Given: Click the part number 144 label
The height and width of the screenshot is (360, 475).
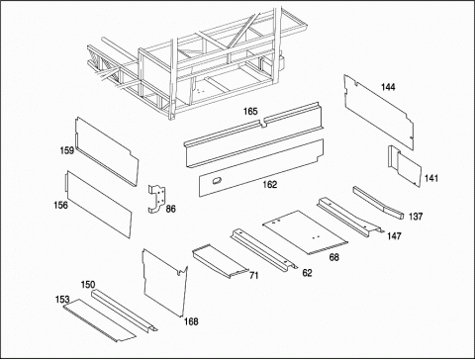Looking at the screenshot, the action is click(x=388, y=87).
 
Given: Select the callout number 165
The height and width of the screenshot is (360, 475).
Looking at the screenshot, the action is click(x=250, y=112).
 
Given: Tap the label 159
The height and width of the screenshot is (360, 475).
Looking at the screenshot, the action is click(x=67, y=150).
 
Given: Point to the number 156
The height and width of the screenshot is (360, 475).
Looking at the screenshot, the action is click(x=60, y=205).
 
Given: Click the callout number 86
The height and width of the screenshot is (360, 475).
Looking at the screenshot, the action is click(x=170, y=209).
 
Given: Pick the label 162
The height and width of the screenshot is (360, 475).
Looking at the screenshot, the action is click(x=269, y=185).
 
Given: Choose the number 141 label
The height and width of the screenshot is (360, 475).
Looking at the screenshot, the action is click(x=431, y=178).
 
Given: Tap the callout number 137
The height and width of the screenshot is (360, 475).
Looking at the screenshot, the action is click(x=416, y=217).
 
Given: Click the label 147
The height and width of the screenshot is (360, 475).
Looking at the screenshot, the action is click(x=394, y=236).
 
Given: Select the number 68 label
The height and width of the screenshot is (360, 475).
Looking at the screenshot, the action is click(x=334, y=257).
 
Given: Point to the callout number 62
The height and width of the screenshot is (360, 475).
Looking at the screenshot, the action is click(x=307, y=273).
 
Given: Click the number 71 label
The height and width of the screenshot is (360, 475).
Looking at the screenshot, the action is click(x=253, y=275).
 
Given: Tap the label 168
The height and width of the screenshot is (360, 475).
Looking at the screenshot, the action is click(x=191, y=321).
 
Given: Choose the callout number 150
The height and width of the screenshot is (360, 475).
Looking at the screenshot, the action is click(x=88, y=285).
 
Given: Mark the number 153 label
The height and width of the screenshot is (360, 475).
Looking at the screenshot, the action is click(x=62, y=300).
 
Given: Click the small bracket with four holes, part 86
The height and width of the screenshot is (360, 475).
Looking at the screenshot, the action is click(x=156, y=199).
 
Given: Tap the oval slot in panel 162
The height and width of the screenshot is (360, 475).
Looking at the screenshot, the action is click(x=217, y=180).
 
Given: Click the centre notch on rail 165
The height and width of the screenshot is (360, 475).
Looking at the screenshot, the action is click(x=263, y=124).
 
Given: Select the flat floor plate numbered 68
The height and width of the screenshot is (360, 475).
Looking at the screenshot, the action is click(x=305, y=232).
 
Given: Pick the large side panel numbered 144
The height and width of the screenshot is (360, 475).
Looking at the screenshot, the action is click(x=379, y=111).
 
